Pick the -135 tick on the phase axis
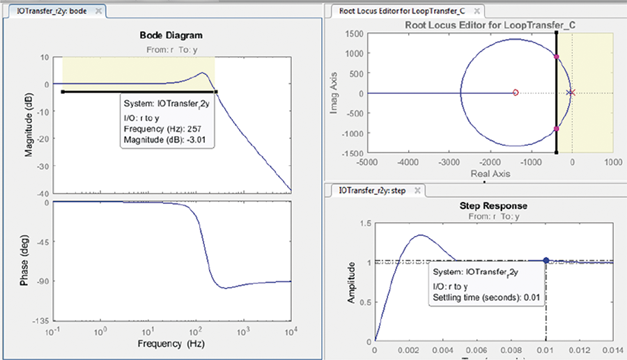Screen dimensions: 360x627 pos(39,321)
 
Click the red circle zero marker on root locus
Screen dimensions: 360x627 pos(516,93)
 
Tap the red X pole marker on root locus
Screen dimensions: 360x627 pos(571,93)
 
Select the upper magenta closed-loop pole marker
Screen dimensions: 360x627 pos(556,57)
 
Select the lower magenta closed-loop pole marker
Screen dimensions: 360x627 pos(556,129)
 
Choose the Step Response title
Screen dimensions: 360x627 pos(494,206)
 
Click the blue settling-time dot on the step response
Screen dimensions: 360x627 pos(546,260)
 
